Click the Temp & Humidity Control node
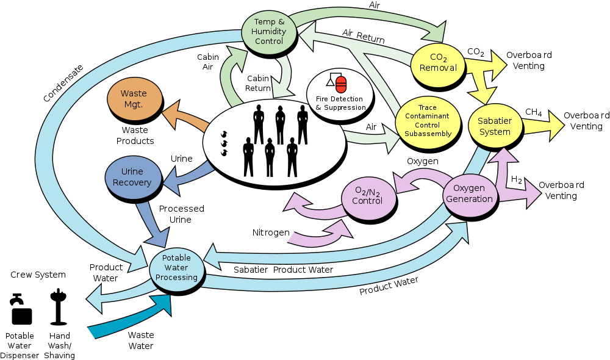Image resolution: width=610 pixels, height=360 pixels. (x=269, y=31)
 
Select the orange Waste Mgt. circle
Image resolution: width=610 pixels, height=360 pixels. (x=134, y=99)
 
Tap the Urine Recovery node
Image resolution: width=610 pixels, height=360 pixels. (x=132, y=177)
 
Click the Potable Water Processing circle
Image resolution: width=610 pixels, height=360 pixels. (x=177, y=268)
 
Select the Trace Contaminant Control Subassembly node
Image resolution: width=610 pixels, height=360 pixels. (x=428, y=121)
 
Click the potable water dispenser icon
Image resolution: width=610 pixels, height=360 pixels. (x=21, y=309)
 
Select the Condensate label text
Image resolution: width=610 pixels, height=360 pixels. (x=63, y=83)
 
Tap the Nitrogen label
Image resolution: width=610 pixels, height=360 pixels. (x=271, y=232)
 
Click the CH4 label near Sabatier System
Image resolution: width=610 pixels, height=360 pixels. (x=533, y=112)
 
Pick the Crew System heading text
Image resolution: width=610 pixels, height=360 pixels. (x=38, y=275)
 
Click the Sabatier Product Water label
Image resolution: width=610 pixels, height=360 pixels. (x=283, y=270)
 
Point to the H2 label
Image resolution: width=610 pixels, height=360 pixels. (x=516, y=179)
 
